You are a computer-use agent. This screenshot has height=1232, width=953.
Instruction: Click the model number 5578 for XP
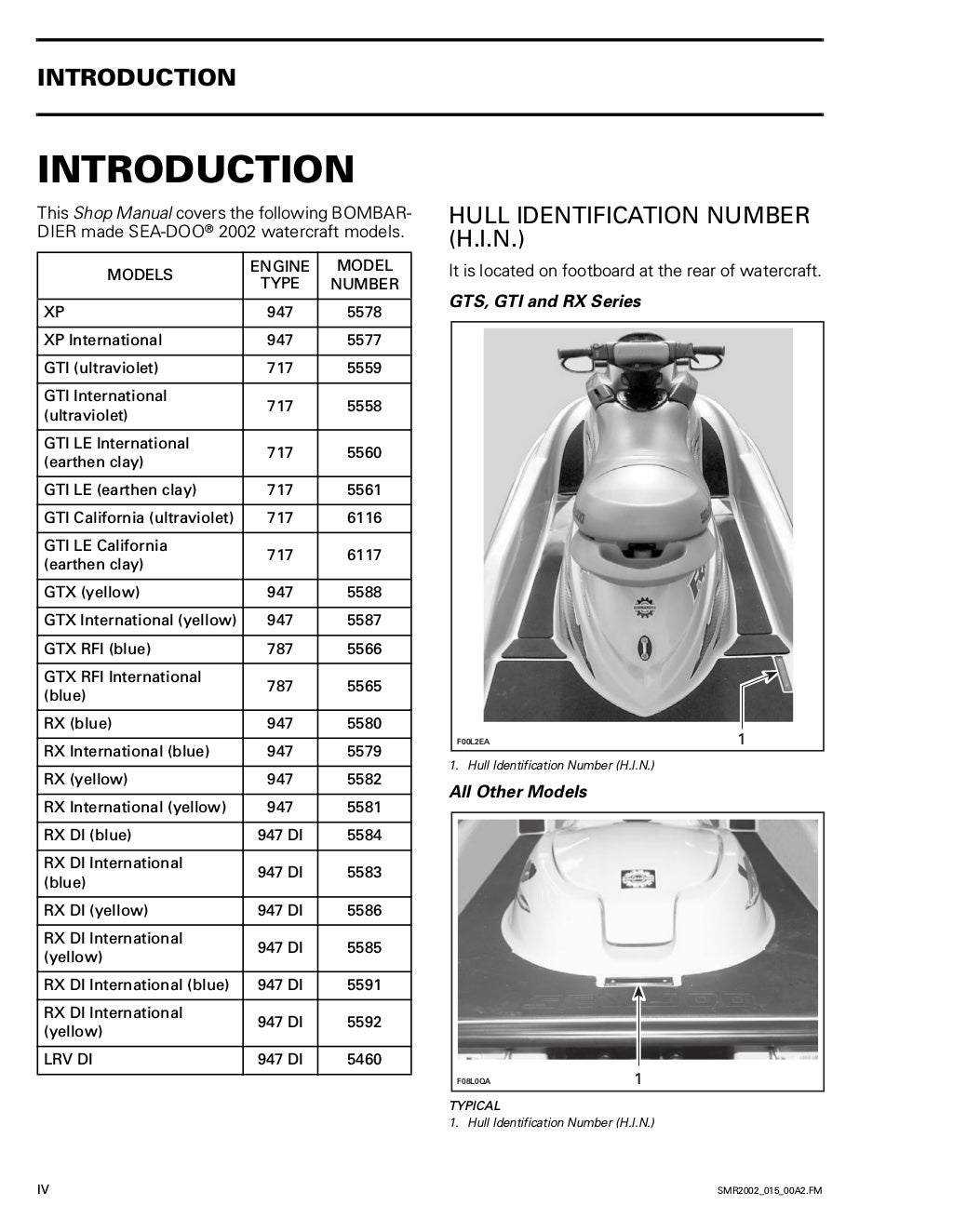point(364,313)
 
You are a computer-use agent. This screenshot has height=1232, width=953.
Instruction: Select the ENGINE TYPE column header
point(279,275)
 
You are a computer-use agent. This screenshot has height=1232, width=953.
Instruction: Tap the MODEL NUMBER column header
point(364,275)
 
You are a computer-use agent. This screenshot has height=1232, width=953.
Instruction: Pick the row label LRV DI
point(68,1059)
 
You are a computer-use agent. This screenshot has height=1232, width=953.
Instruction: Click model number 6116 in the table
point(364,517)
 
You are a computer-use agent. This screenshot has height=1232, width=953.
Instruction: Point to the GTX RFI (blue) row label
point(97,649)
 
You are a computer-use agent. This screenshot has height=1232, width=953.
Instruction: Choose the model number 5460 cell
point(364,1059)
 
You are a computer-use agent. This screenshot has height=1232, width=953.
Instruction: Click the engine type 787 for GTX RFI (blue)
point(279,649)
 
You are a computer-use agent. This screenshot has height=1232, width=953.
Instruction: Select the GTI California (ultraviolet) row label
point(139,517)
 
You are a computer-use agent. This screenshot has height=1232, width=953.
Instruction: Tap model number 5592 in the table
point(364,1022)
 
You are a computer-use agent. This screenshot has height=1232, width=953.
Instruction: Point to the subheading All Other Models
point(517,792)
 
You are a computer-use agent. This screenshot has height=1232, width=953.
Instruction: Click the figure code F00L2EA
point(473,742)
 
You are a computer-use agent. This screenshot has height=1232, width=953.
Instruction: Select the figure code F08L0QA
point(473,1081)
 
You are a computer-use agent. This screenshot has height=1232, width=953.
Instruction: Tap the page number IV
point(43,1190)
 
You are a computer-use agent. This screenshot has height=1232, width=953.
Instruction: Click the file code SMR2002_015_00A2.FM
point(769,1191)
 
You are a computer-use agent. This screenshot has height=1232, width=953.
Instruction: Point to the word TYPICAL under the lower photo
point(475,1105)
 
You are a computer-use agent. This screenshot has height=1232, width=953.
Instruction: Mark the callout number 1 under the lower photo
point(638,1078)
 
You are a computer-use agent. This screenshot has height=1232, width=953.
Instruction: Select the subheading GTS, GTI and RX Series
point(544,301)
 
